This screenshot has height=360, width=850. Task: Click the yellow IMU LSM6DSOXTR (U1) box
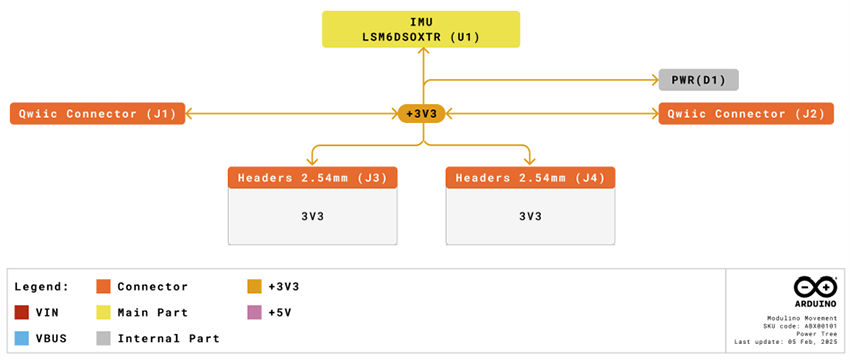pos(421,29)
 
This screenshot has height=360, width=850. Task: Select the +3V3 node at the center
pos(421,114)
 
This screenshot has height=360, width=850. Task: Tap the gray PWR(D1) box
pos(698,79)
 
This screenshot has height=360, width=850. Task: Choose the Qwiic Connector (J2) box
pos(746,114)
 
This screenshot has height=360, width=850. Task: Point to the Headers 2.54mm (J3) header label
pos(313,178)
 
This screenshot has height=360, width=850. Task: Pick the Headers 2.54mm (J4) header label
pos(530,178)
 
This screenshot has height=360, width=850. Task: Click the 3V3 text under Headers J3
pos(313,216)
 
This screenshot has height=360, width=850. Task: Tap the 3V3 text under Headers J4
pos(530,216)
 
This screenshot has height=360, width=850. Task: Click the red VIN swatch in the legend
pos(22,312)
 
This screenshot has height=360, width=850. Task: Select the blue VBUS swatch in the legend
pos(22,338)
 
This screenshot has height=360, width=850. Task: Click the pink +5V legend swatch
pos(254,312)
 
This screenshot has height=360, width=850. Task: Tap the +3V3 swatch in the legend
pos(254,286)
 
